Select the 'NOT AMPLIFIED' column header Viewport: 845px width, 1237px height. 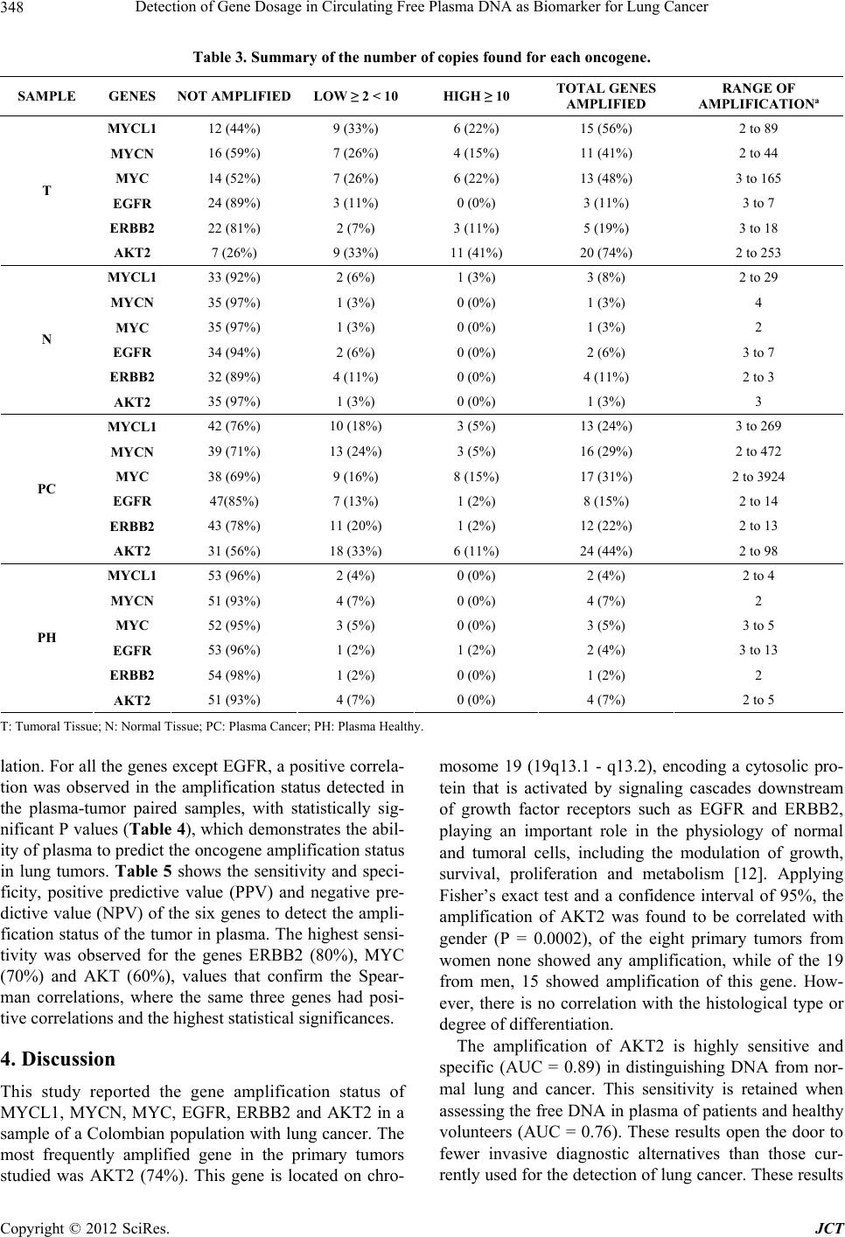coord(234,95)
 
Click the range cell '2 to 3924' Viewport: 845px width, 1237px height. coord(758,477)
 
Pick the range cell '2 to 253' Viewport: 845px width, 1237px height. coord(758,254)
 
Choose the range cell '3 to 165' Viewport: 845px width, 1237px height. coord(758,178)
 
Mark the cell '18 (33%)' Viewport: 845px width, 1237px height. coord(346,550)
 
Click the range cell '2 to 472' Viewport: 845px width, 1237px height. coord(758,451)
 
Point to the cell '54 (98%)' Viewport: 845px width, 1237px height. coord(234,674)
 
